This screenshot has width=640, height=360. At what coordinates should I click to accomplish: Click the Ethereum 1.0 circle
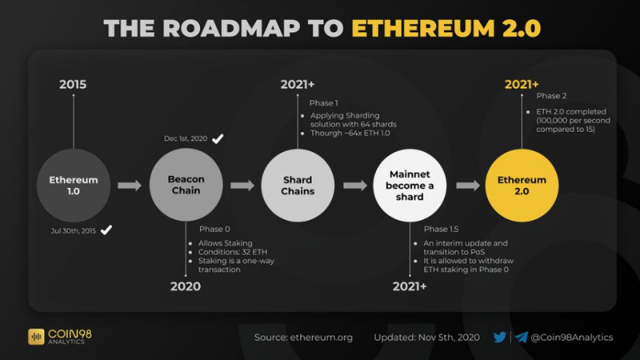tap(74, 186)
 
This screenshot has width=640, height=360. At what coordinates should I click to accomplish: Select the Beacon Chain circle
tap(186, 185)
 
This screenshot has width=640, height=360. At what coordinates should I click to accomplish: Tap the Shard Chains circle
tap(298, 186)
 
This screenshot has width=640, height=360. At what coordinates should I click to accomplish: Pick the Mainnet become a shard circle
tap(410, 186)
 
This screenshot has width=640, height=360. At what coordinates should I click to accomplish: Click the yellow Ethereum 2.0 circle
tap(522, 186)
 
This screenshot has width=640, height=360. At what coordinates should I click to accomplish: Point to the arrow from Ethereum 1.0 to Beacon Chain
tap(130, 186)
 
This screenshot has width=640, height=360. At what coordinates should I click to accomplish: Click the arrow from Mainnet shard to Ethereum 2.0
tap(468, 186)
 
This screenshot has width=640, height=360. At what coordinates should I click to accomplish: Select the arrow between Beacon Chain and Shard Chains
tap(242, 186)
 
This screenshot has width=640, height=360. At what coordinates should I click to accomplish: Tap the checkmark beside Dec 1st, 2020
tap(218, 138)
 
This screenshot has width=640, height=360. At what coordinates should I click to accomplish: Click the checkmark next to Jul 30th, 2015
tap(106, 230)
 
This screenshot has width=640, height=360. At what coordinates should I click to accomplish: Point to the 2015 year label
tap(73, 85)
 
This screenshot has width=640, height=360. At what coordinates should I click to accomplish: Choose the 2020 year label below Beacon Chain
tap(186, 286)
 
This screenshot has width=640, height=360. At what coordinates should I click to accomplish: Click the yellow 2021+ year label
tap(522, 85)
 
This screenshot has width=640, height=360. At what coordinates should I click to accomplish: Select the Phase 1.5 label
tap(441, 229)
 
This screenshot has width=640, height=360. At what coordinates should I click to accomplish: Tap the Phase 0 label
tap(214, 229)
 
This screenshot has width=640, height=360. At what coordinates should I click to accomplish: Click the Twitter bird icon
tap(499, 337)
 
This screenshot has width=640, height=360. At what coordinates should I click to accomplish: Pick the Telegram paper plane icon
tap(522, 337)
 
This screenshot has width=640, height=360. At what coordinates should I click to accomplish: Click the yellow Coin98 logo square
tap(36, 337)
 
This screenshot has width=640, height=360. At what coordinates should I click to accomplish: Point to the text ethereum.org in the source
tap(322, 338)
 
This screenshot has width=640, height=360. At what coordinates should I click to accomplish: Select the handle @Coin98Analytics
tap(572, 338)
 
